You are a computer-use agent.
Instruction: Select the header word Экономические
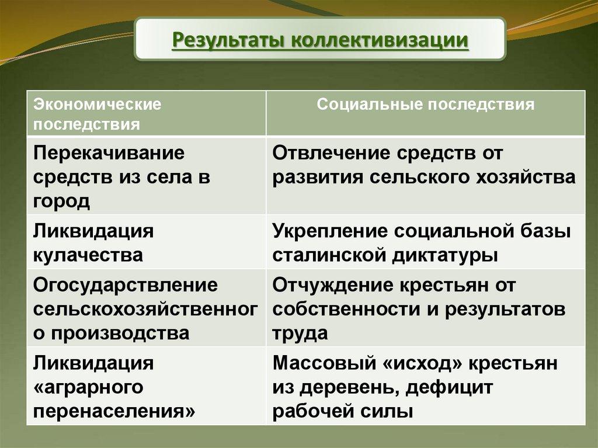tap(98, 104)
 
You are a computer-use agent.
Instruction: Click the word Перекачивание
tap(109, 154)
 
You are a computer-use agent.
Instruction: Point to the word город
tap(61, 201)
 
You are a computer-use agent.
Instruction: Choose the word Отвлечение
tap(332, 153)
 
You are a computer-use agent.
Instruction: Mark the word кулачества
tap(88, 255)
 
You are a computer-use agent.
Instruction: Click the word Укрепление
tap(330, 232)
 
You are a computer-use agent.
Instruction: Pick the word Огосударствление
tap(126, 286)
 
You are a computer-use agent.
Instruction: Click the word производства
tap(120, 333)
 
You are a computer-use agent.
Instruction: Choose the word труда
tap(300, 333)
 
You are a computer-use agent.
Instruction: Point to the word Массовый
tap(324, 363)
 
